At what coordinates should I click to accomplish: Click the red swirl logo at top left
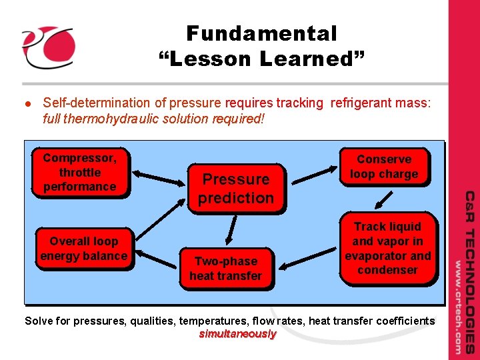click(47, 47)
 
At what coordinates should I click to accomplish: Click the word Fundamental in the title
click(261, 33)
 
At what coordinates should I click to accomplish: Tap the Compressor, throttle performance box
click(79, 172)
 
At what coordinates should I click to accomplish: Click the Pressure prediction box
click(236, 189)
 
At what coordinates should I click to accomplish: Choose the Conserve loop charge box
click(384, 167)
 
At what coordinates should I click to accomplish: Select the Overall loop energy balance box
click(83, 249)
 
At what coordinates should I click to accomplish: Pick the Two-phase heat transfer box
click(226, 268)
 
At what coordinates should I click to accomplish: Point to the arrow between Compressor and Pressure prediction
click(157, 179)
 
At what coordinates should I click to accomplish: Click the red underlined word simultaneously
click(237, 334)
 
